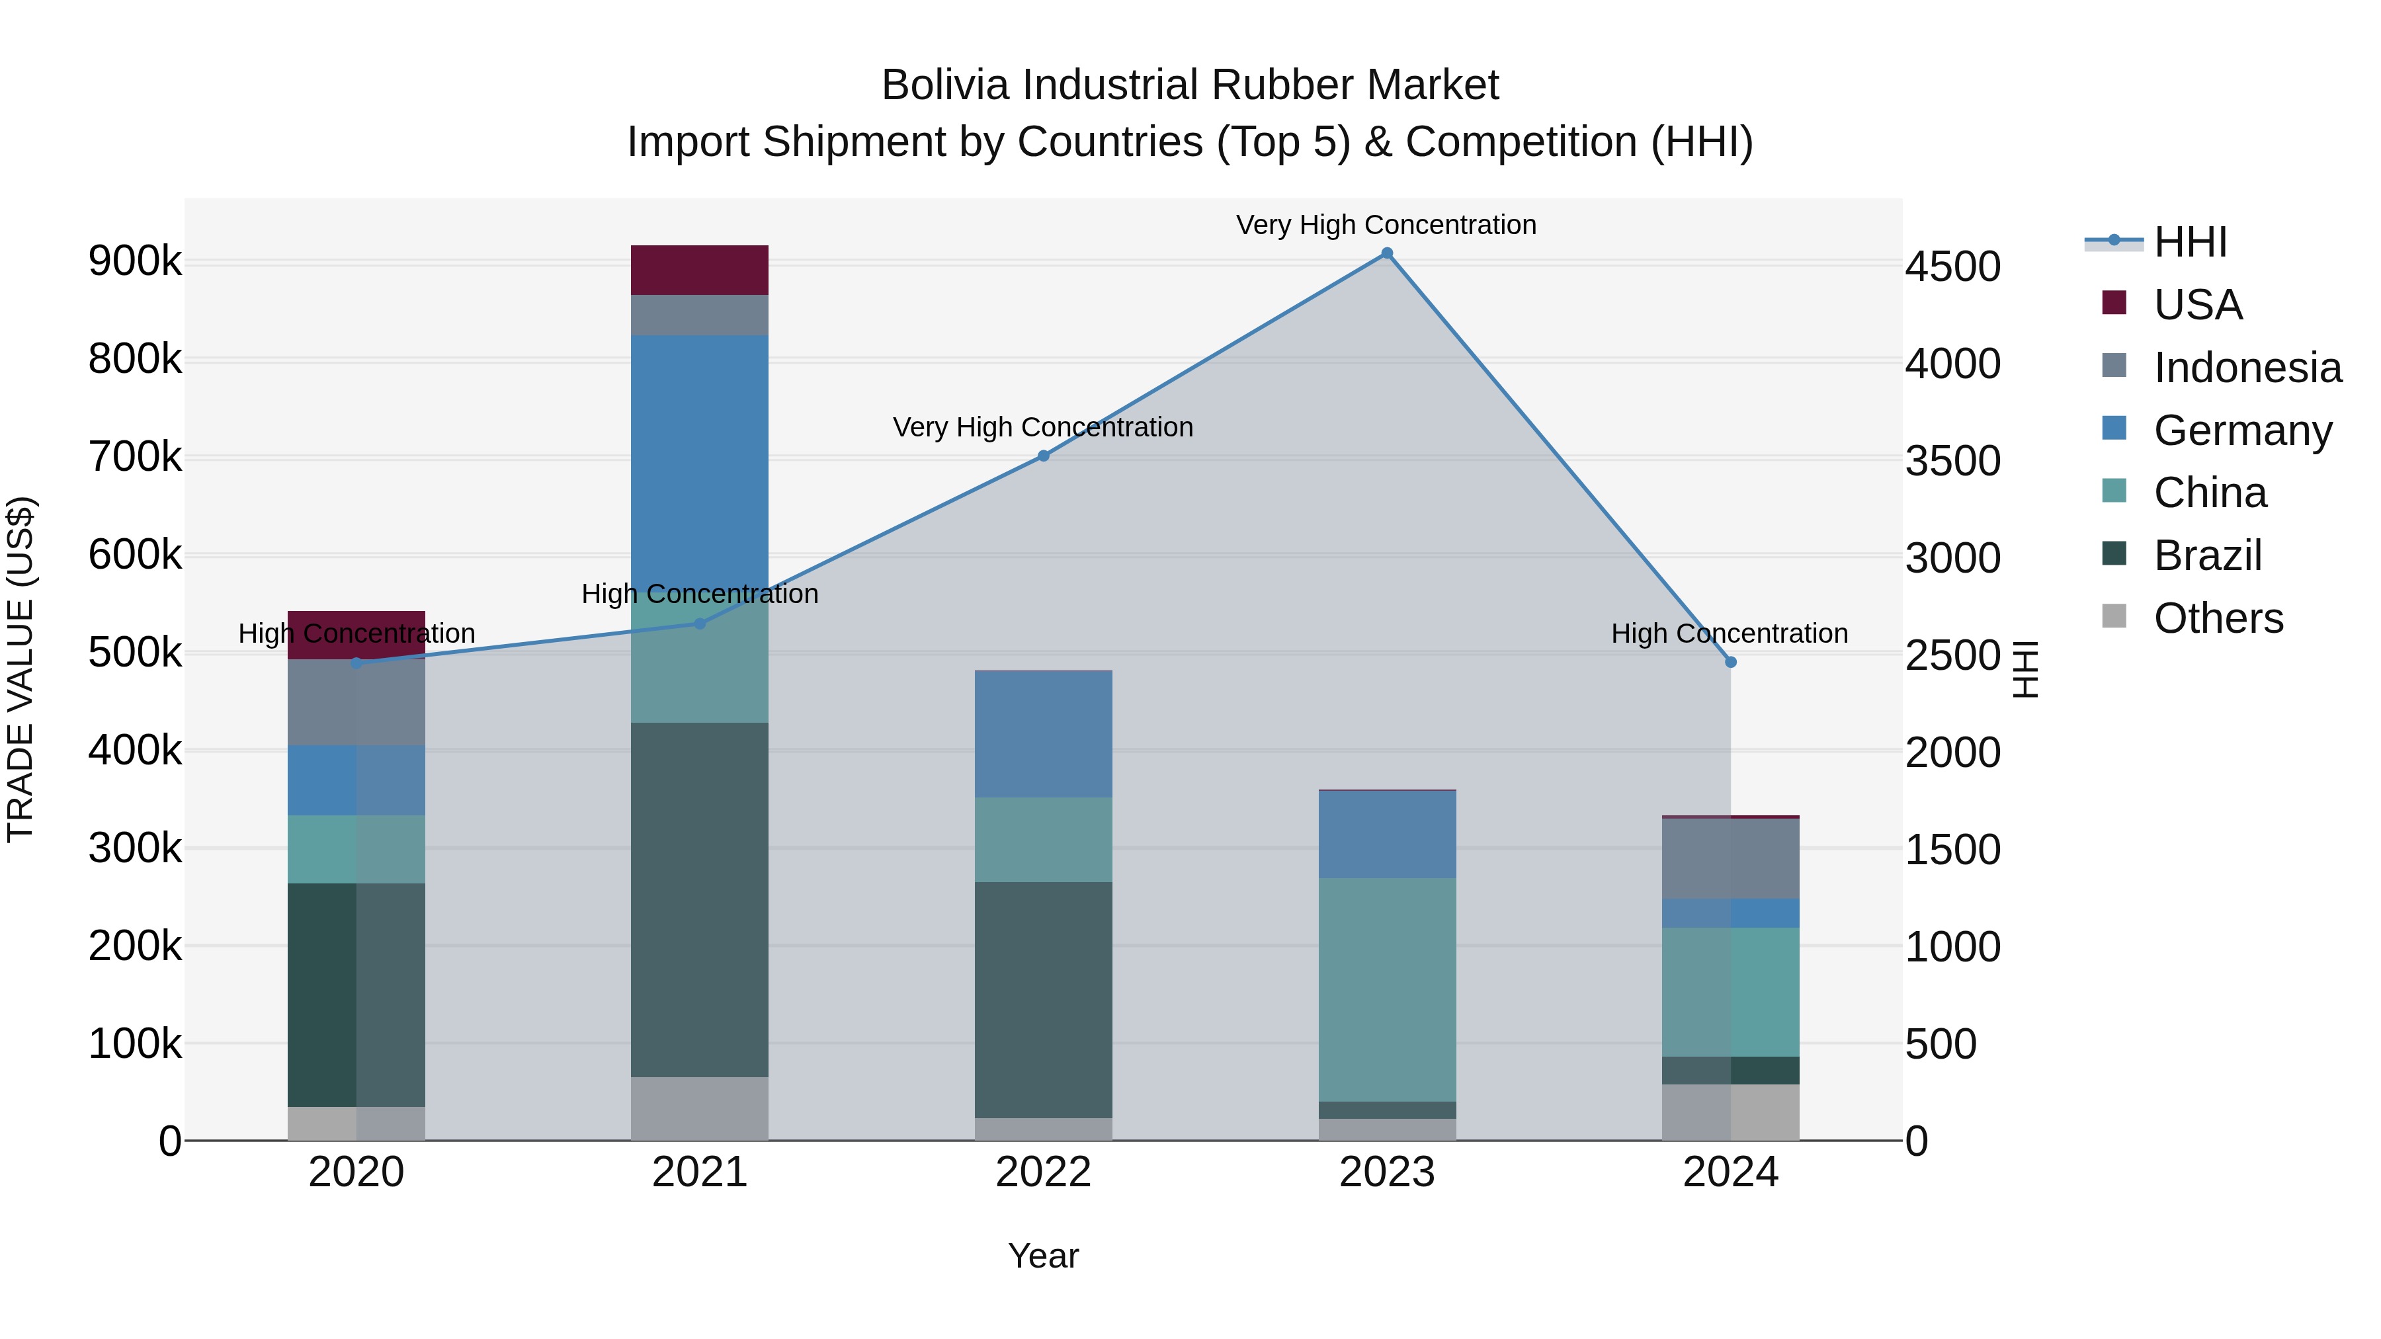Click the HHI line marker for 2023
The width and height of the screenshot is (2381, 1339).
pos(1386,253)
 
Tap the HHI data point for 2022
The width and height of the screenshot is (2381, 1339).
pos(1044,456)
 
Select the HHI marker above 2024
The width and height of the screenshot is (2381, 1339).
pos(1730,662)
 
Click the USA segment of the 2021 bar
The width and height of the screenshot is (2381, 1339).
pos(700,270)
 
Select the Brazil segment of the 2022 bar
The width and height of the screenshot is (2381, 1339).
pos(1044,1000)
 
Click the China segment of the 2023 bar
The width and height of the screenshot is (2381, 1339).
pos(1386,989)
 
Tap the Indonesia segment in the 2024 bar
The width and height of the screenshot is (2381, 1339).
pos(1730,858)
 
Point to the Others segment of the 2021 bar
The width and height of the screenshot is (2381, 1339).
pos(700,1108)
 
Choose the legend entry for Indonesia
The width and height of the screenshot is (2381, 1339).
pos(2247,368)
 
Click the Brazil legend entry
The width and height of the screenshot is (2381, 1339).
pos(2207,555)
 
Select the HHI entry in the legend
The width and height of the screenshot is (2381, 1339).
pos(2190,242)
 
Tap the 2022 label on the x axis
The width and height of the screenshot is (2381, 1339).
pos(1044,1172)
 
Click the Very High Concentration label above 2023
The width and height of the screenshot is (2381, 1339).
pos(1386,225)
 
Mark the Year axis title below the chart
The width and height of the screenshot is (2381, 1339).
pos(1044,1256)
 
